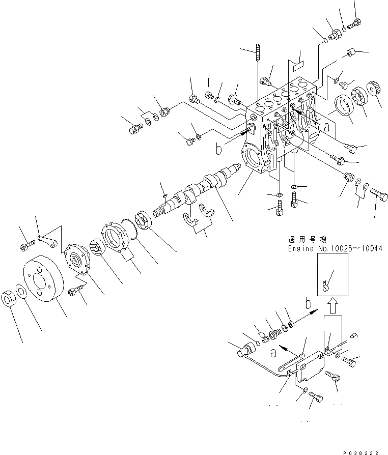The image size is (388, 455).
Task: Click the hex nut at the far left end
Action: click(x=11, y=298)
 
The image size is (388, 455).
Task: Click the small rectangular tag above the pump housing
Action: click(x=297, y=65)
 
